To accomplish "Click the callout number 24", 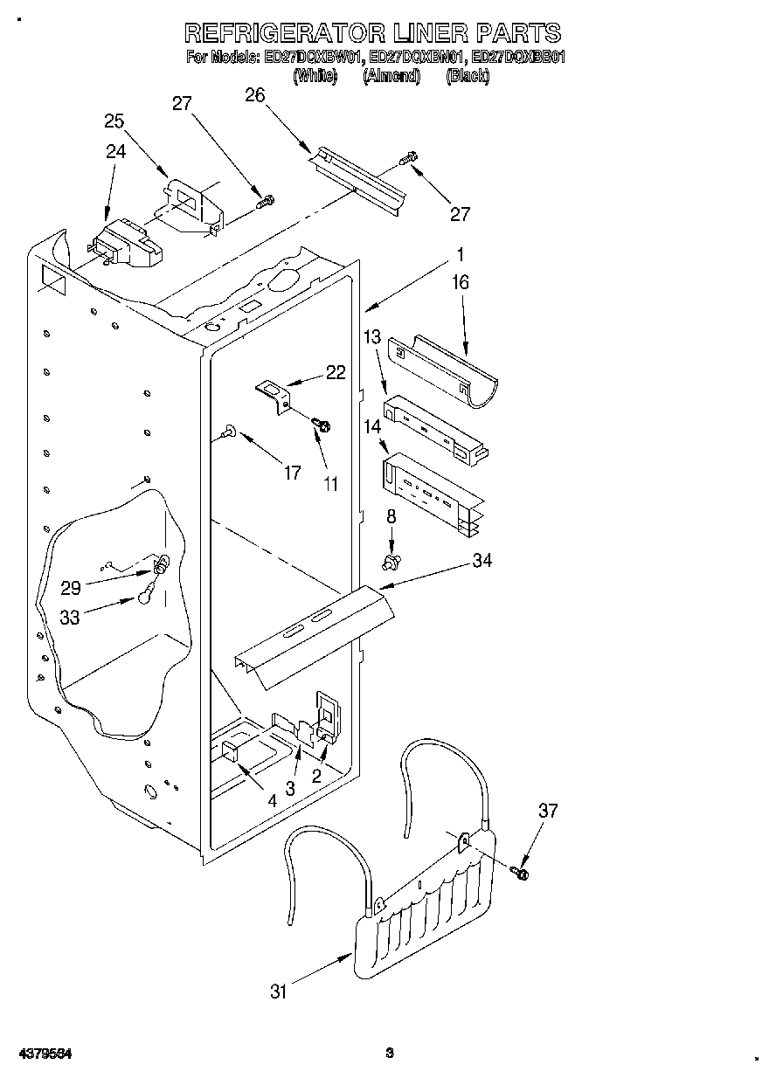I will pyautogui.click(x=116, y=150).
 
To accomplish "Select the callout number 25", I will pyautogui.click(x=114, y=121).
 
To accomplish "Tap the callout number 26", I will pyautogui.click(x=254, y=96).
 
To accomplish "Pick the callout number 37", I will pyautogui.click(x=547, y=812).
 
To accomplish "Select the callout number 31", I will pyautogui.click(x=279, y=991).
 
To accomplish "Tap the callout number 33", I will pyautogui.click(x=70, y=617).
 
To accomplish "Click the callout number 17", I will pyautogui.click(x=292, y=473).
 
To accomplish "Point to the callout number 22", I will pyautogui.click(x=336, y=372).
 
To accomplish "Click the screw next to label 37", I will pyautogui.click(x=522, y=871).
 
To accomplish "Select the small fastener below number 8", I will pyautogui.click(x=391, y=556).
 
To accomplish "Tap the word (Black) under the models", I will pyautogui.click(x=468, y=76).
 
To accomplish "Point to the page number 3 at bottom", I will pyautogui.click(x=391, y=1053).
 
